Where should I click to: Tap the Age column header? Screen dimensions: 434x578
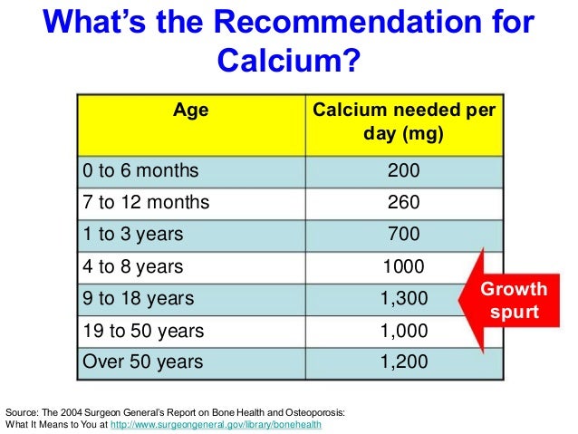(191, 111)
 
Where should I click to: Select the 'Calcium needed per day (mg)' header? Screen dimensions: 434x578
(403, 123)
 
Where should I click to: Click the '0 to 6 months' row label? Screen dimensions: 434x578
(140, 169)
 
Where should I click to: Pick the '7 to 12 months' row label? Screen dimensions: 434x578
(146, 202)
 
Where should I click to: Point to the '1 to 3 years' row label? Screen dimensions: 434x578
(133, 234)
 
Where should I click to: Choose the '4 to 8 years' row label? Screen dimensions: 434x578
(133, 266)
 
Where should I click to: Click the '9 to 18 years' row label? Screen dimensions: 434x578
(138, 298)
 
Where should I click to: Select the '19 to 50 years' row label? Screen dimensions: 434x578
(143, 330)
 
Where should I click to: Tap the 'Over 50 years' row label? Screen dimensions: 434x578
(140, 362)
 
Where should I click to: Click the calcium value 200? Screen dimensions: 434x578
(403, 169)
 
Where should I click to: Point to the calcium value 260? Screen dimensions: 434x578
(403, 202)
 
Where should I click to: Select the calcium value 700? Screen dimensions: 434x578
(403, 234)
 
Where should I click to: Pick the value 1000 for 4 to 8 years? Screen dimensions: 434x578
(403, 266)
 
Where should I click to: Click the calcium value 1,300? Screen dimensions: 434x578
(403, 298)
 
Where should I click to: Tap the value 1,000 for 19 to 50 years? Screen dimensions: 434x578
(403, 330)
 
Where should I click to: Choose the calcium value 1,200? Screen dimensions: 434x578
(403, 362)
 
